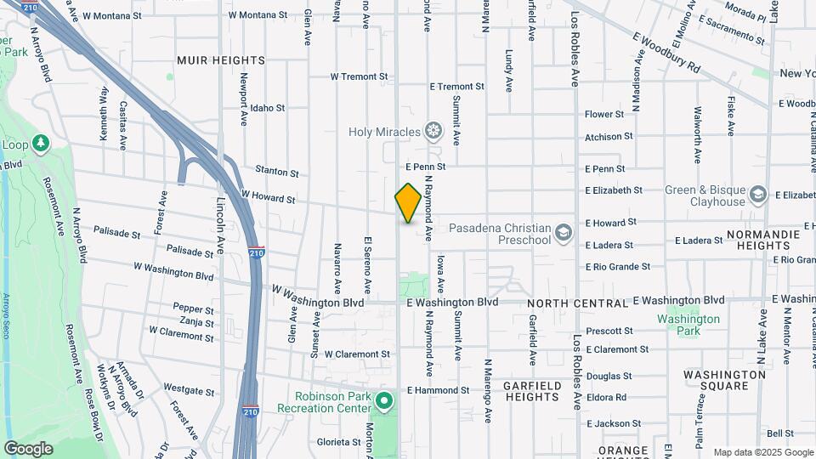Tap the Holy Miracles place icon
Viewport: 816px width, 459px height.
click(434, 131)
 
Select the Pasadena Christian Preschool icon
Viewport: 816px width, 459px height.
click(563, 232)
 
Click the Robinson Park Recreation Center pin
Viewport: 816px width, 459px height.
click(384, 400)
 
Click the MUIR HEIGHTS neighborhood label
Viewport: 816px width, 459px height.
click(221, 60)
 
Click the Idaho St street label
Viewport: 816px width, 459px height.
click(268, 108)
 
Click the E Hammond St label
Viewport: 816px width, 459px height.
click(438, 390)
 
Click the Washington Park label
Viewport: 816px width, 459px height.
click(688, 325)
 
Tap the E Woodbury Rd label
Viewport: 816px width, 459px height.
click(666, 52)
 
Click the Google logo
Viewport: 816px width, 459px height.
click(28, 448)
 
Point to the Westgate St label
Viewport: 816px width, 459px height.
click(189, 391)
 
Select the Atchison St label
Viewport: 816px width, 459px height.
click(609, 136)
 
